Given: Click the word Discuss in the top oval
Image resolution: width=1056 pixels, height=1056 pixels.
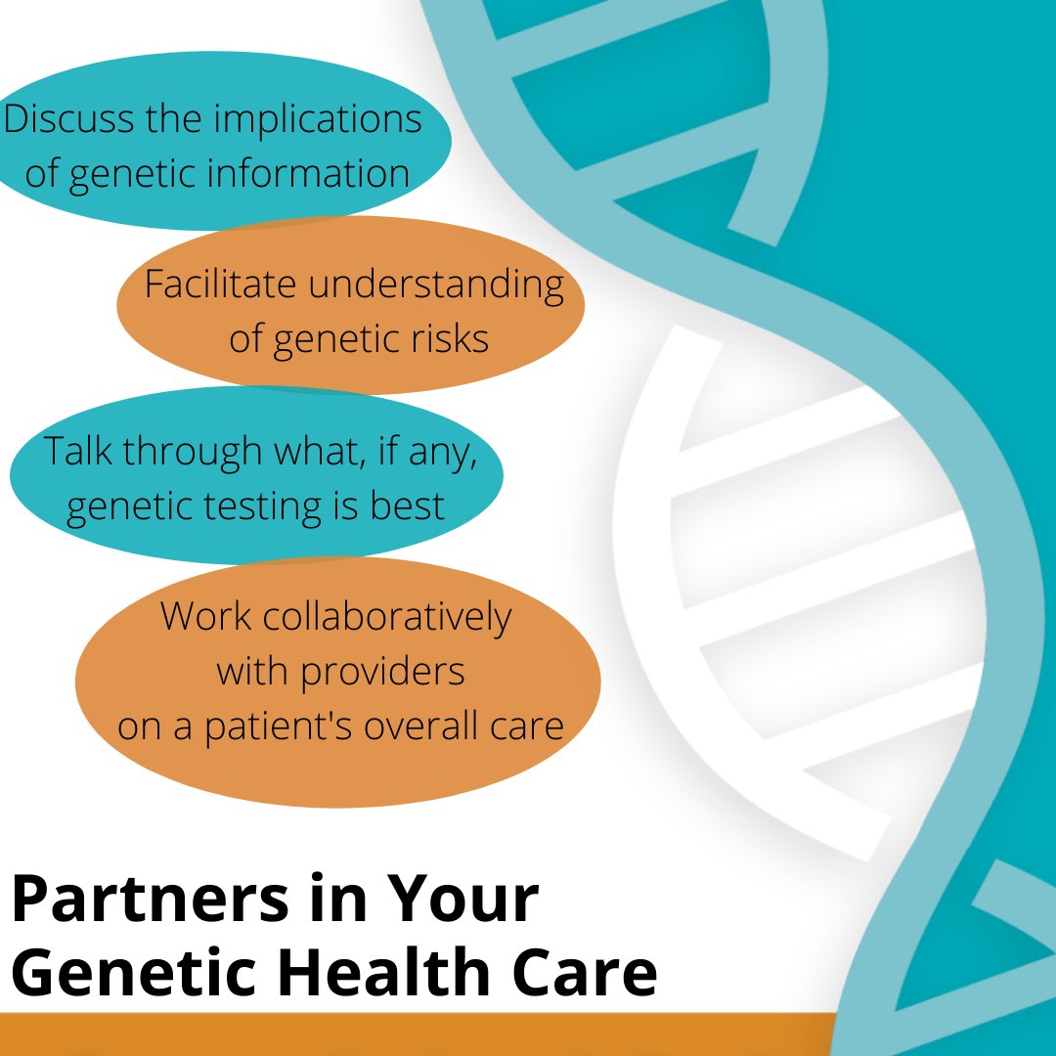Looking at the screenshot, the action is (x=68, y=118).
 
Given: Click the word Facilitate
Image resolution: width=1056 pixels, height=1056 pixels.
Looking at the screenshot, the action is (x=220, y=284).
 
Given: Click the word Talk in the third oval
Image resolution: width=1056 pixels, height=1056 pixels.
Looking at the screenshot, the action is (x=77, y=450).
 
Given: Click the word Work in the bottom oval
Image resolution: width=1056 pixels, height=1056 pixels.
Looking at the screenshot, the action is (x=205, y=616).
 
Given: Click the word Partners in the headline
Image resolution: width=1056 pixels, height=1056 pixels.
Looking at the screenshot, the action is (x=151, y=900).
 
